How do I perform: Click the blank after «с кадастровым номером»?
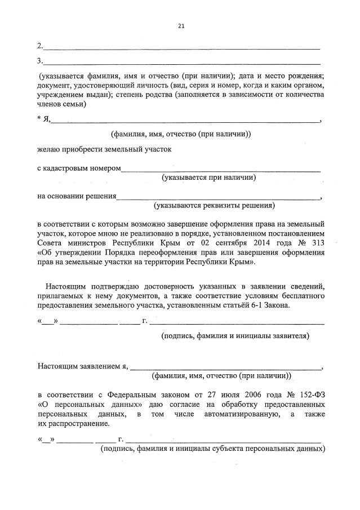(x=221, y=169)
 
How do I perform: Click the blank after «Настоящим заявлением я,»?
(x=225, y=366)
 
